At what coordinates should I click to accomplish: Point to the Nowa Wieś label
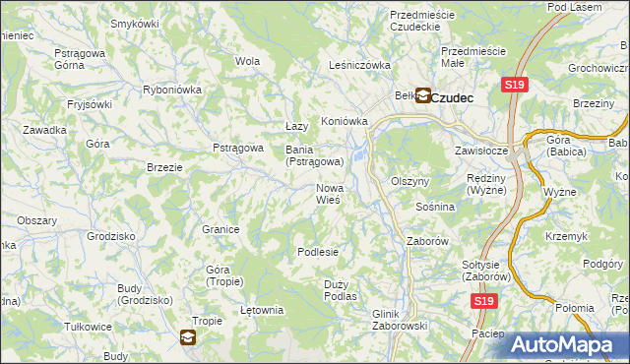click(328, 194)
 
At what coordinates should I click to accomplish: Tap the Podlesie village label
click(318, 252)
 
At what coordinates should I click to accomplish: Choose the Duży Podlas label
click(340, 289)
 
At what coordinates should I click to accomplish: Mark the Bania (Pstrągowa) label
click(314, 155)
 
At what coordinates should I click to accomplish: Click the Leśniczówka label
click(359, 66)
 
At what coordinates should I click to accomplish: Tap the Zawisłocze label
click(480, 152)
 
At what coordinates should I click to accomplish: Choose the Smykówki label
click(135, 23)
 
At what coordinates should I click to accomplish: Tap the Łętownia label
click(262, 310)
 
